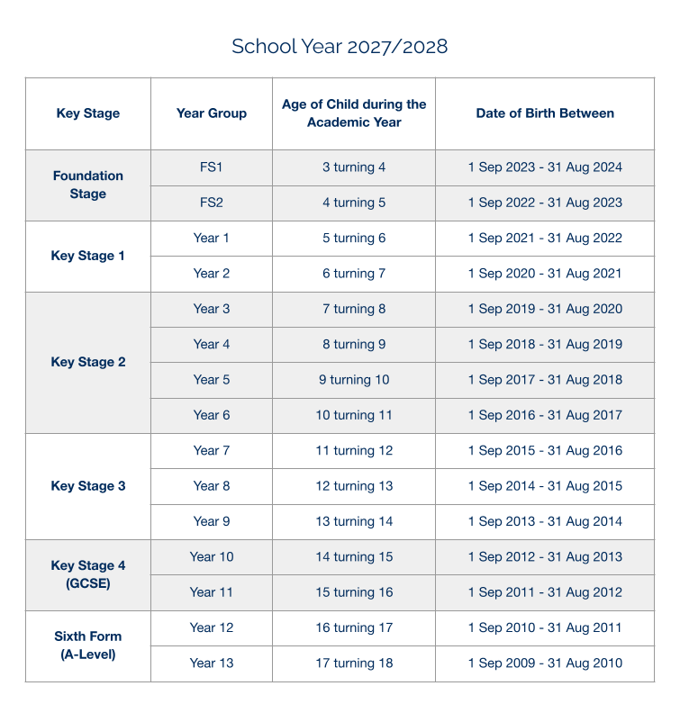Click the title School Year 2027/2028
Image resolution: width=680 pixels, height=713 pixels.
(x=340, y=47)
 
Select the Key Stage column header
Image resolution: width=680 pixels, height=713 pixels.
(x=87, y=113)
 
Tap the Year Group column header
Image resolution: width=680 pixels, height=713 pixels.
(x=212, y=113)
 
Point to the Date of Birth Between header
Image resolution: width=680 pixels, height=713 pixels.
(x=545, y=113)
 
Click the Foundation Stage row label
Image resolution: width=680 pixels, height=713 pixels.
(x=87, y=185)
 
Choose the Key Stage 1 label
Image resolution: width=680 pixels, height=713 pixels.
(x=88, y=256)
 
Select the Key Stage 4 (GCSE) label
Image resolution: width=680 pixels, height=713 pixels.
(x=88, y=574)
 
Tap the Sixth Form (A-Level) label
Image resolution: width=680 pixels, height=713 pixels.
(x=88, y=645)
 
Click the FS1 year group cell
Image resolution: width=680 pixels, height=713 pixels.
(x=212, y=167)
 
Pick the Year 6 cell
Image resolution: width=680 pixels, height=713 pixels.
(x=212, y=415)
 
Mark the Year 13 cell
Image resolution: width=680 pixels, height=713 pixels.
(x=212, y=663)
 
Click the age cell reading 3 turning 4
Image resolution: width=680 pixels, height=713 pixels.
(x=354, y=167)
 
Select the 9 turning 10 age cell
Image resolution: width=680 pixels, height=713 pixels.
(x=354, y=380)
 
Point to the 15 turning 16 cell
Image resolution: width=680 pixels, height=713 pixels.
(x=354, y=592)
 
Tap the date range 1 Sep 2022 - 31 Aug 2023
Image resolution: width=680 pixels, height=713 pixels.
(x=545, y=203)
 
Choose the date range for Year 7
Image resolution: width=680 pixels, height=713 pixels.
(x=545, y=451)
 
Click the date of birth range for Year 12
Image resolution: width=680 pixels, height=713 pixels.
(x=545, y=627)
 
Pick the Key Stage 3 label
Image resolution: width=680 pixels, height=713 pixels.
(x=88, y=486)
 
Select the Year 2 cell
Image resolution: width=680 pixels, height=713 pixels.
(x=212, y=274)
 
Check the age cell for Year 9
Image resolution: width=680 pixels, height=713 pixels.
(x=354, y=521)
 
